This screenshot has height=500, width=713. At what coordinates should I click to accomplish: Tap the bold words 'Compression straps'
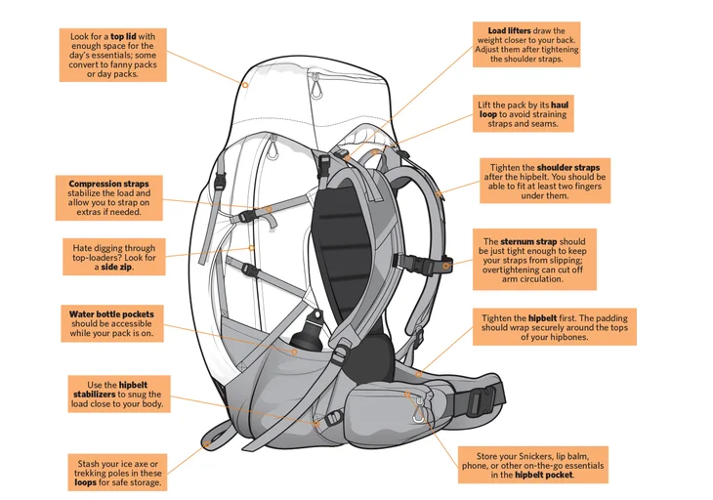click(x=109, y=183)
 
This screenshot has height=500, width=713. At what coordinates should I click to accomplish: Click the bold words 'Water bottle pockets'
click(x=111, y=313)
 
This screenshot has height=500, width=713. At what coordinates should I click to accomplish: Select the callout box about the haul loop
click(x=522, y=114)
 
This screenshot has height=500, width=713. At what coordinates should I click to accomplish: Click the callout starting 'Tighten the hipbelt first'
click(x=555, y=328)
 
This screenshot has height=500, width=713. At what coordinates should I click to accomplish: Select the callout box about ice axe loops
click(x=115, y=471)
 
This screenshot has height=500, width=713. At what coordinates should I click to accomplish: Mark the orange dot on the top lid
click(x=246, y=85)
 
